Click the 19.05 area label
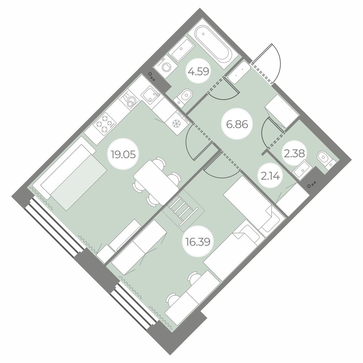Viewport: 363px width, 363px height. (x=123, y=154)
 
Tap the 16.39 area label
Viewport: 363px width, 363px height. (x=198, y=242)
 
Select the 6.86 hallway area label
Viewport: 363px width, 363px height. (x=237, y=125)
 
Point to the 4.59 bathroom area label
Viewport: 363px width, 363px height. (x=199, y=72)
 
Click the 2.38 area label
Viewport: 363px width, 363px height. (x=294, y=153)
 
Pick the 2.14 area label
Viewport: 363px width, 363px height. (x=270, y=176)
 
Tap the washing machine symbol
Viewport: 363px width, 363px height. (x=166, y=67)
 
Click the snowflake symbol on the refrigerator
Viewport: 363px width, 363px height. (x=177, y=124)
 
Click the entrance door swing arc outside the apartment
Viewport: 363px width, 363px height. (x=276, y=62)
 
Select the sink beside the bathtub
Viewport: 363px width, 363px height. (x=181, y=49)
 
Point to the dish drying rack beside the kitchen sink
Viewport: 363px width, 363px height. (x=129, y=100)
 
